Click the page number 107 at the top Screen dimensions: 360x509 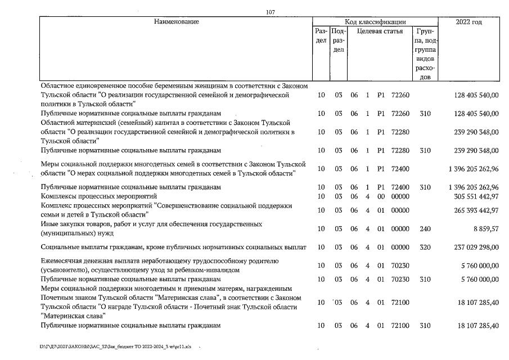(271, 12)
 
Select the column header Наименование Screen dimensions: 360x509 (176, 22)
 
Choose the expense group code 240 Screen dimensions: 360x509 (425, 228)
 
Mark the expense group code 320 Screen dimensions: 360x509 (425, 246)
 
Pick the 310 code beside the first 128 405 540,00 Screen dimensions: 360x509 (425, 113)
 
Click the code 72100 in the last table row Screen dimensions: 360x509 (400, 326)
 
